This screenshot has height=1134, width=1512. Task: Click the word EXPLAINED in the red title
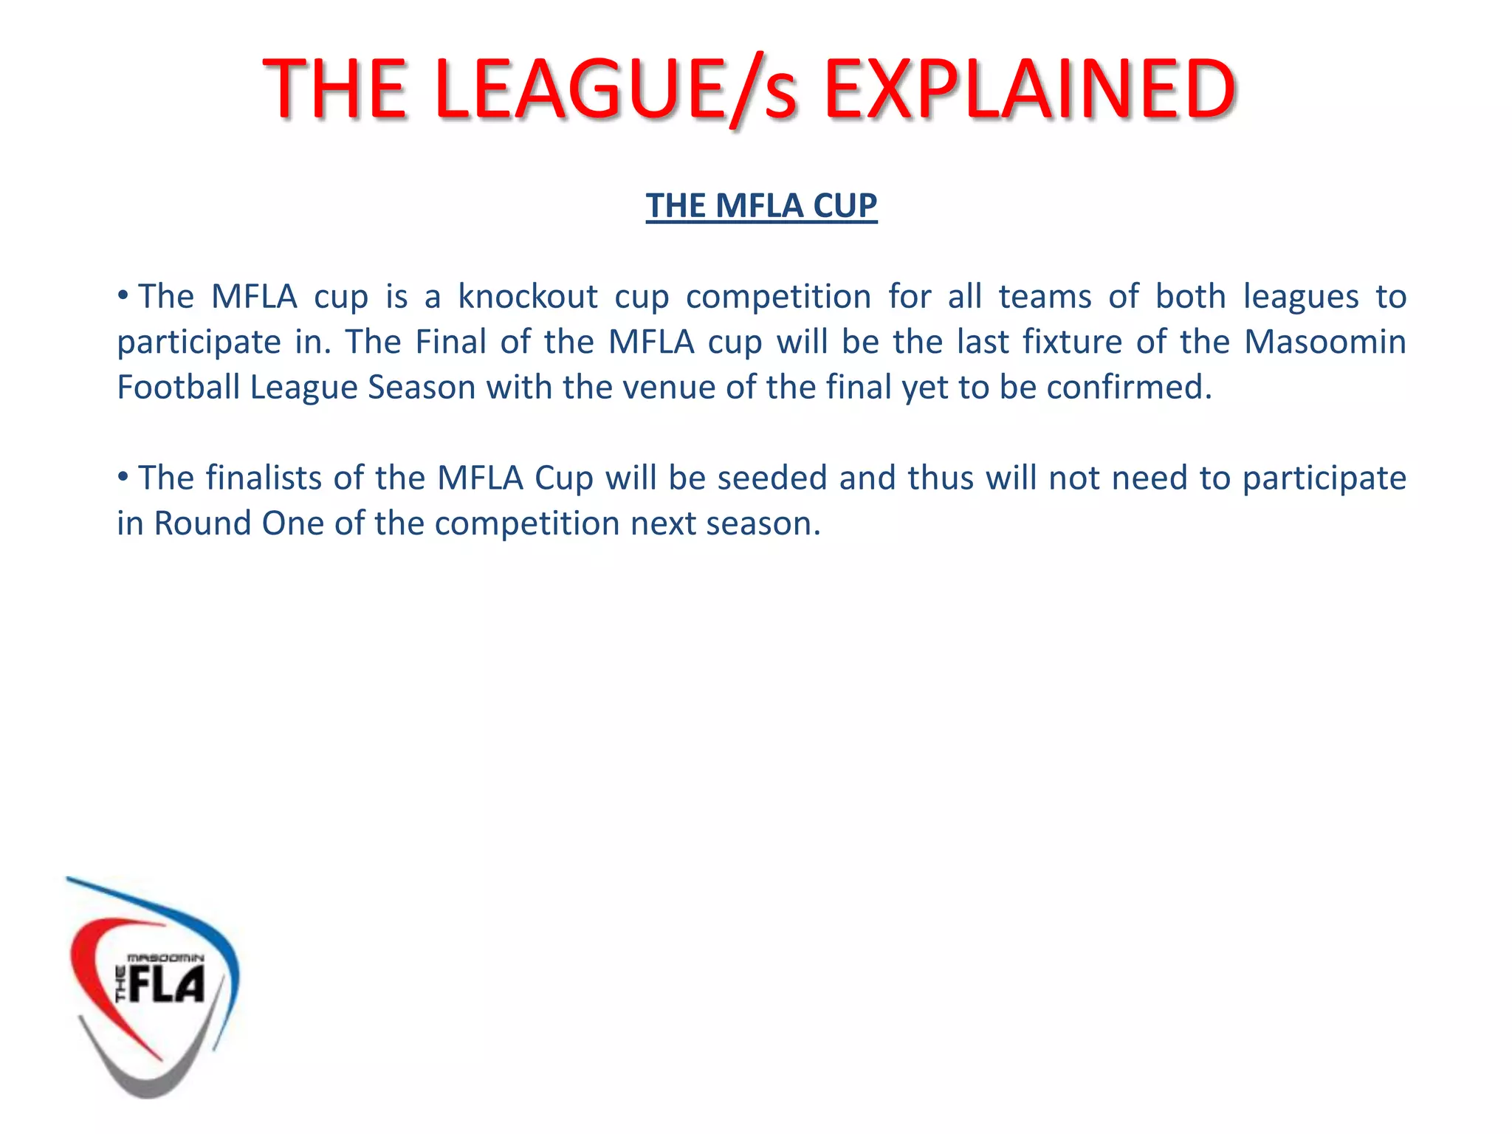coord(1029,90)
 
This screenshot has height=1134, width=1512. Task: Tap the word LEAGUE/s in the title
coord(616,90)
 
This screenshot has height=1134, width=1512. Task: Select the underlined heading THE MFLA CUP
coord(761,205)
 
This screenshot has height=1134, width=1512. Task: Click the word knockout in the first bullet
coord(528,297)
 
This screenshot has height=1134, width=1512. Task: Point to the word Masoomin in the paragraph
coord(1325,342)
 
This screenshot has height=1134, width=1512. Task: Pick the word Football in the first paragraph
coord(179,387)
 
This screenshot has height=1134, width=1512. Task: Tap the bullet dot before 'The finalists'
coord(123,477)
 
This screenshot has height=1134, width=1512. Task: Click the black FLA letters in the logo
coord(166,986)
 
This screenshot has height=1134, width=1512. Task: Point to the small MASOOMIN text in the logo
coord(165,958)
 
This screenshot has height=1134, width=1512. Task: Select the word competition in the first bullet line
coord(778,297)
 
